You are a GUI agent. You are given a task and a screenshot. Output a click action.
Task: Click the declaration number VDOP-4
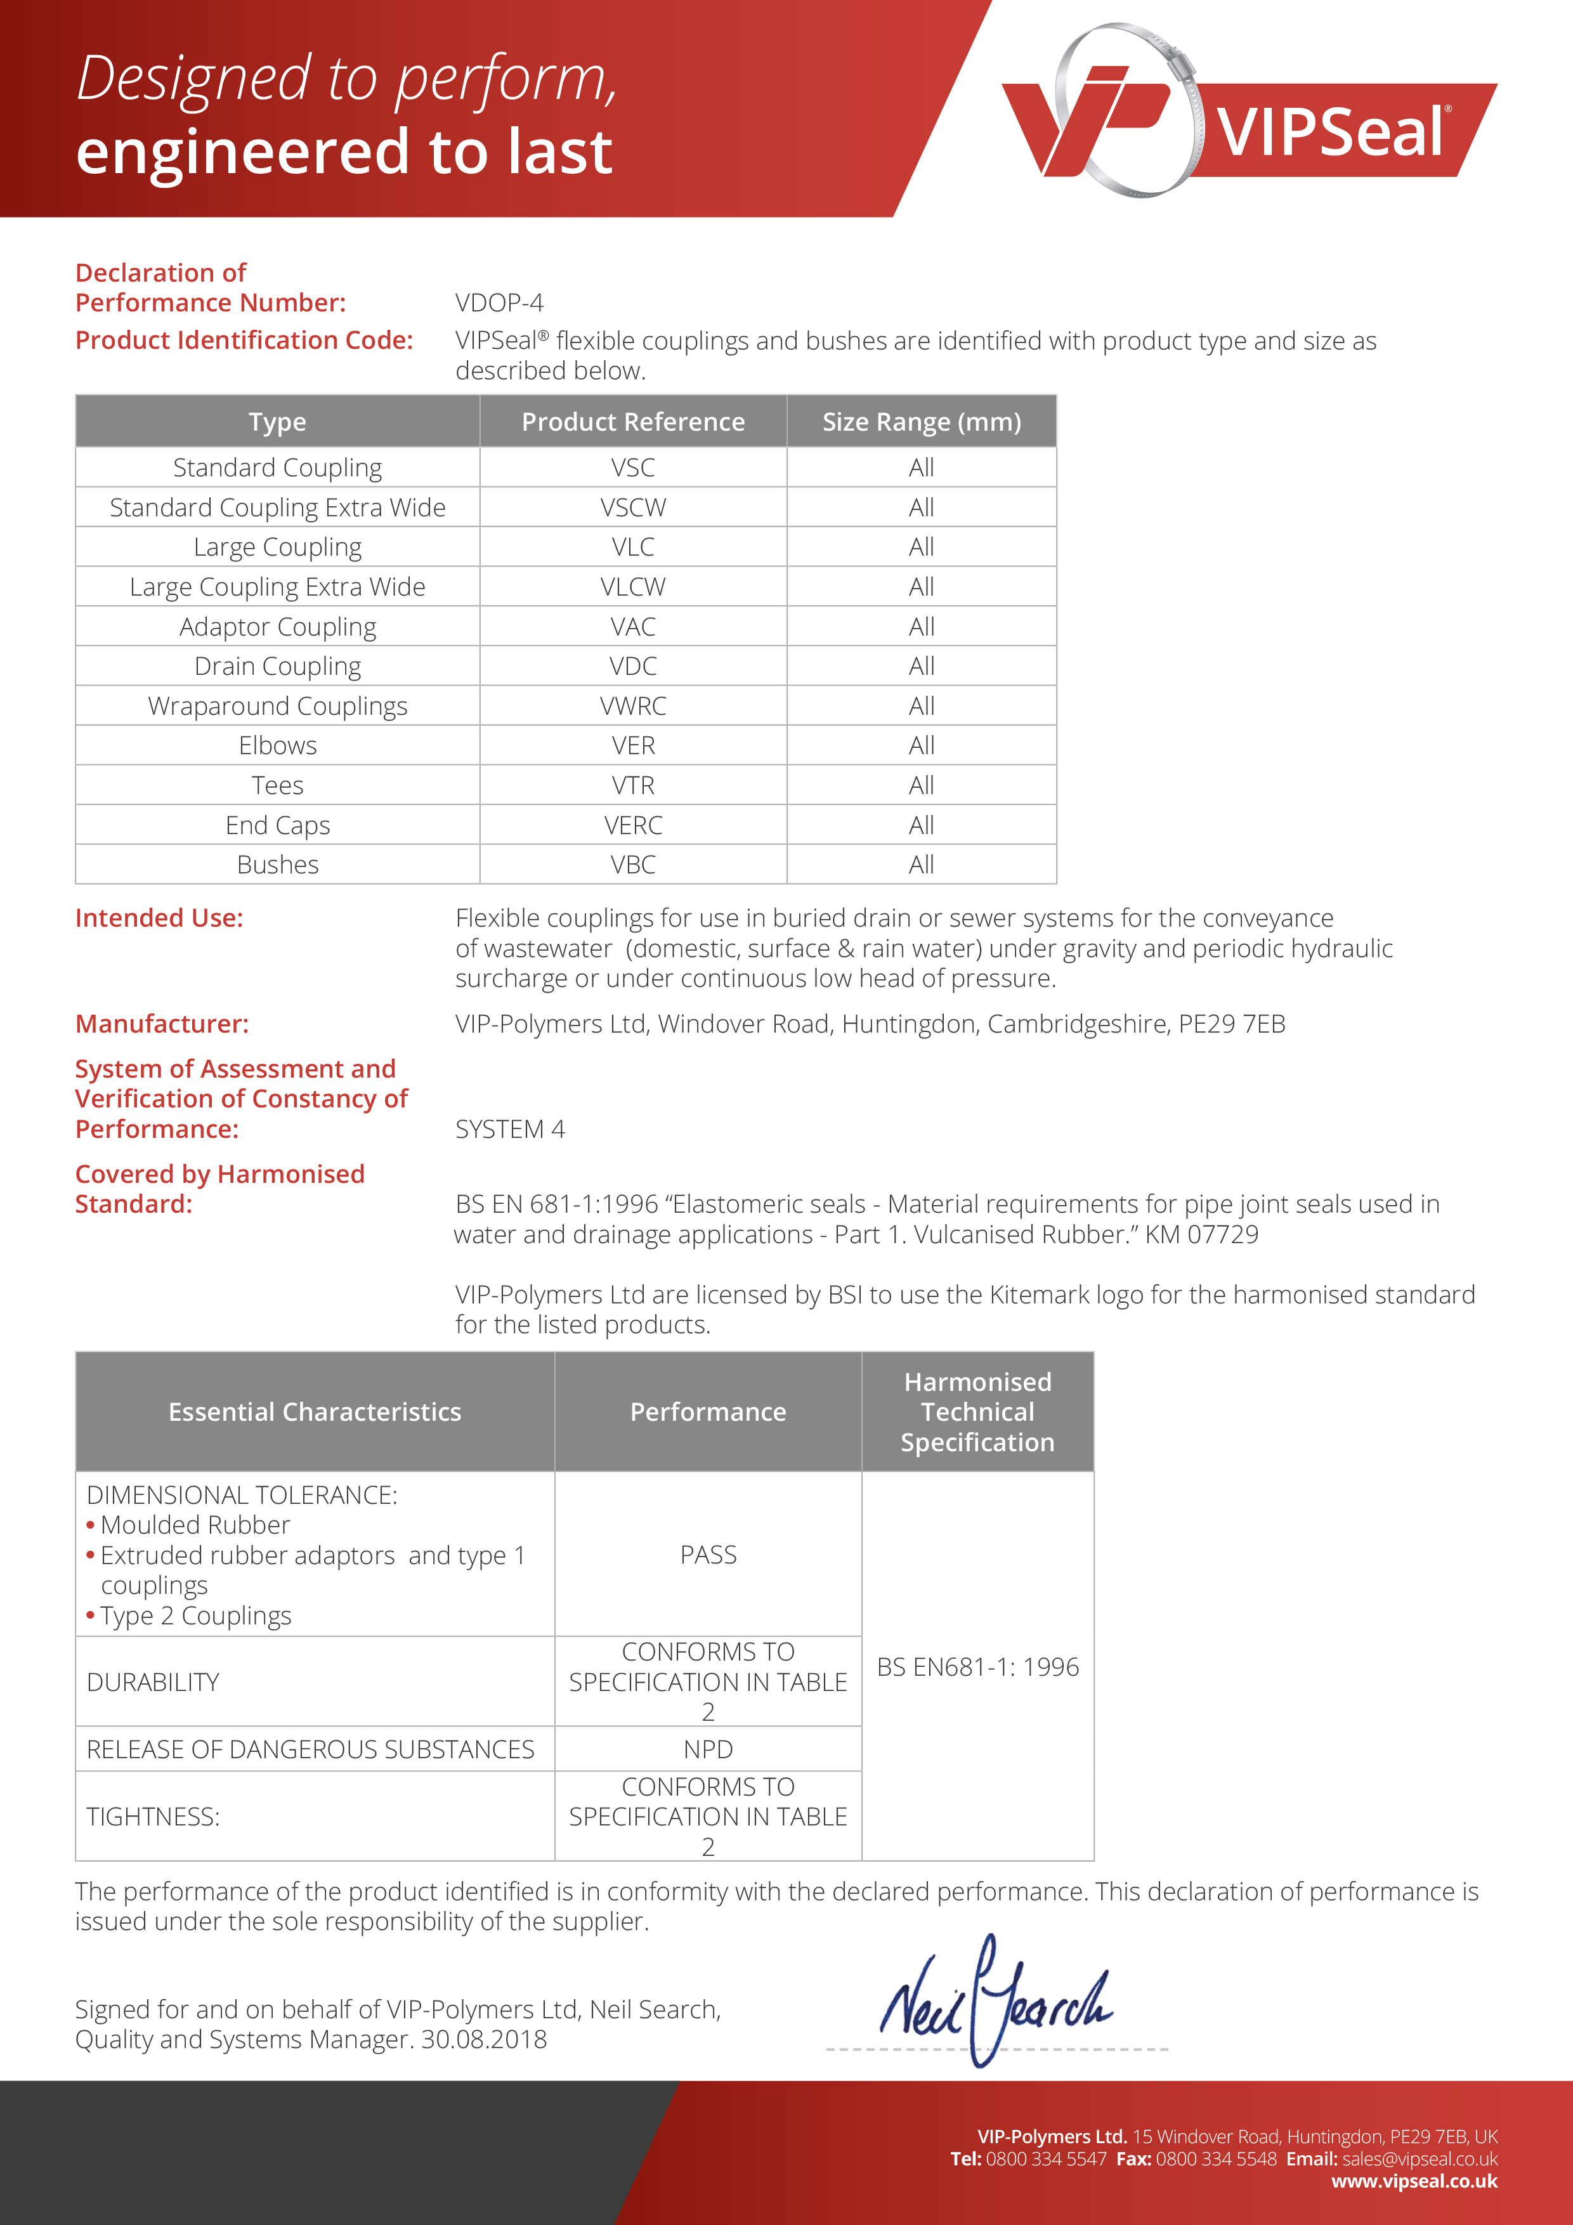pos(499,303)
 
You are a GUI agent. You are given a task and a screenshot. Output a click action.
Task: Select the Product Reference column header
pos(633,422)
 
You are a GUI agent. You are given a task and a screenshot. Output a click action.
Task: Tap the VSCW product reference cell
pos(633,508)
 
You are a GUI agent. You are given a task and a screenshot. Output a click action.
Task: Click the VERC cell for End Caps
pos(633,826)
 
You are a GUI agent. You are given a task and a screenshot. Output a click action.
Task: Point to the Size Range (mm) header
pos(921,422)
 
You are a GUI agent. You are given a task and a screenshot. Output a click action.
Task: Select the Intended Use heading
pos(159,918)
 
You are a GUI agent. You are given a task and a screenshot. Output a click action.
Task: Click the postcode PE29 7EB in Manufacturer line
pos(1231,1024)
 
